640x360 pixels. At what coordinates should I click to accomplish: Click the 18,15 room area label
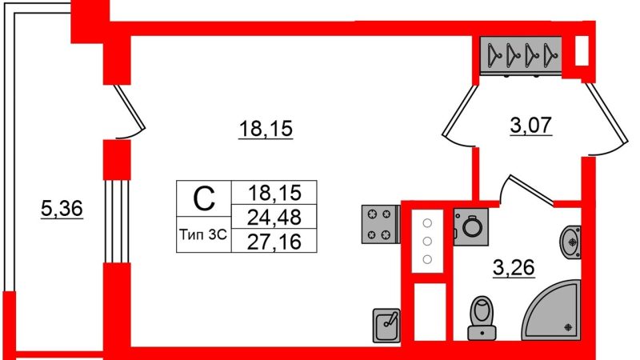[x=266, y=128]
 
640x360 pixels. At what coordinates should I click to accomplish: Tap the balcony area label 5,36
[x=62, y=209]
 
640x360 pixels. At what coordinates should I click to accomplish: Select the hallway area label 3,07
[x=531, y=125]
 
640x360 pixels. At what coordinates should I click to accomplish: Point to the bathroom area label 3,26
[x=514, y=268]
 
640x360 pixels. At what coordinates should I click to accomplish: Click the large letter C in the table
[x=204, y=198]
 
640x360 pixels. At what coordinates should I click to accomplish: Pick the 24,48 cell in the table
[x=274, y=217]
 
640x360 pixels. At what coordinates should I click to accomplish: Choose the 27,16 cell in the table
[x=274, y=241]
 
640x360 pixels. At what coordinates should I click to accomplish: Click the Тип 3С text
[x=203, y=234]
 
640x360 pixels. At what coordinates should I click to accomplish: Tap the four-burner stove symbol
[x=380, y=225]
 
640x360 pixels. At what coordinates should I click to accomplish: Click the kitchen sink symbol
[x=386, y=326]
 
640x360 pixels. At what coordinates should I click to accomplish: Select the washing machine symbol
[x=471, y=227]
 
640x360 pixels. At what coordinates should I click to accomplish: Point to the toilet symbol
[x=482, y=318]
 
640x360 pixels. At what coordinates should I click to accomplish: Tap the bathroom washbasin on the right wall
[x=570, y=242]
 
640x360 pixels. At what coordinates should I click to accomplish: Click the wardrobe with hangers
[x=521, y=55]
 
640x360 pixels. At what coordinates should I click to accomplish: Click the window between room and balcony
[x=117, y=222]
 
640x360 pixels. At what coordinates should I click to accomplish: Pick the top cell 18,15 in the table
[x=274, y=192]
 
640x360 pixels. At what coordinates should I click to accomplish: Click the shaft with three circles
[x=427, y=241]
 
